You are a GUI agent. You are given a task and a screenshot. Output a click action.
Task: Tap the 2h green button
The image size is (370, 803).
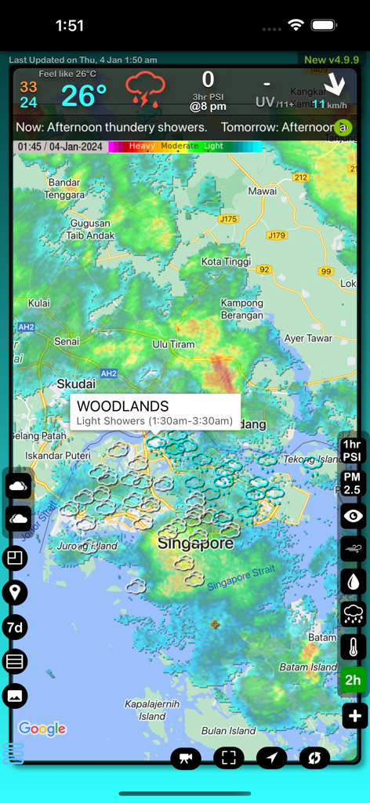click(353, 680)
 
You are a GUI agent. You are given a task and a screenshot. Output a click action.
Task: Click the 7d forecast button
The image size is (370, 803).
click(14, 627)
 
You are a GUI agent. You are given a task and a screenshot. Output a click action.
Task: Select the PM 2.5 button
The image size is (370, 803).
click(353, 484)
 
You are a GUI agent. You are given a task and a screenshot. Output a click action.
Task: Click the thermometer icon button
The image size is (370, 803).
click(353, 647)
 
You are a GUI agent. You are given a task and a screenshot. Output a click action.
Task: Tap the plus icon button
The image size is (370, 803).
click(354, 715)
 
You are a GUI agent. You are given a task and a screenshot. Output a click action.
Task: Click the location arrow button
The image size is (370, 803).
click(271, 758)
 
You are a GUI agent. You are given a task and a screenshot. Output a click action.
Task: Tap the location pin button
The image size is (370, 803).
click(14, 592)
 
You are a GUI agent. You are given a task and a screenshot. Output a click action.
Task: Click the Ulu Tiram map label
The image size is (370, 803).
click(172, 343)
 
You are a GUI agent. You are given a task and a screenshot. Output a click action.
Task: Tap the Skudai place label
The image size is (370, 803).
click(76, 384)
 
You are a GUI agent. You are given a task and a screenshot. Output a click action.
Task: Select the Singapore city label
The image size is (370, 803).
click(194, 543)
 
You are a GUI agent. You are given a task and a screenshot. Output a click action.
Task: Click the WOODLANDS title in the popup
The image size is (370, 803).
click(123, 406)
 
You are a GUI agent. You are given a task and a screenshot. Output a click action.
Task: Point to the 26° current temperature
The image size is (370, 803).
click(84, 96)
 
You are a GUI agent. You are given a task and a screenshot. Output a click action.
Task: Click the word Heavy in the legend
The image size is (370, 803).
click(142, 146)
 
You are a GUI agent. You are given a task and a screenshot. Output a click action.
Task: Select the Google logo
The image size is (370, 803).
click(42, 729)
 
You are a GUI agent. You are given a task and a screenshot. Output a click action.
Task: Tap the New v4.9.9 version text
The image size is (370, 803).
click(331, 60)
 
